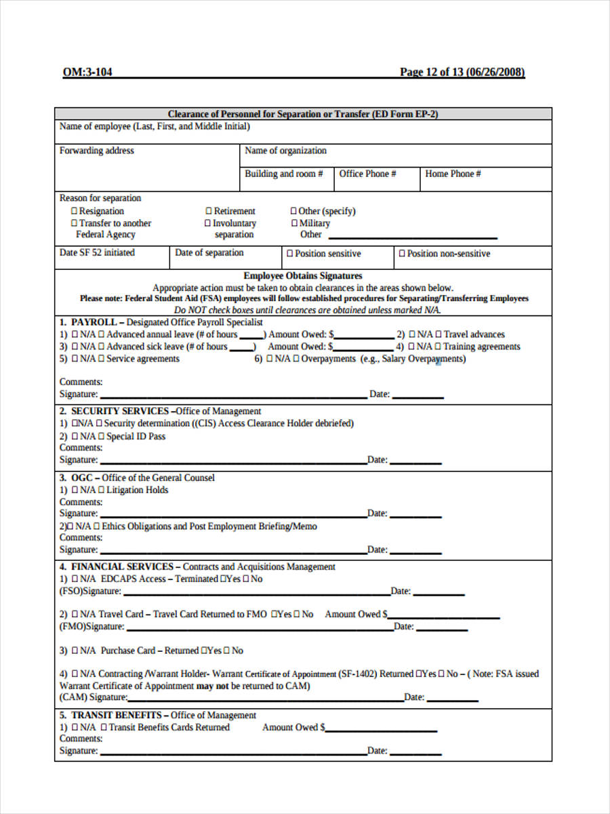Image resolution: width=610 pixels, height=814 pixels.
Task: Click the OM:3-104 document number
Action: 87,73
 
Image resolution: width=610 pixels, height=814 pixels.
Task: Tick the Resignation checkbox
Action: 75,211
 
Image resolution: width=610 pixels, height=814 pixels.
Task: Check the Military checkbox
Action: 294,223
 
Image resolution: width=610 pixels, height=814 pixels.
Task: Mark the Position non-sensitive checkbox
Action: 402,254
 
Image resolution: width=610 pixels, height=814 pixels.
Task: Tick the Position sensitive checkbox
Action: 289,254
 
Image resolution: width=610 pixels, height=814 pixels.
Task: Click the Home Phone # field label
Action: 453,174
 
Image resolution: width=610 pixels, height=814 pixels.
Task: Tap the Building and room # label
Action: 283,174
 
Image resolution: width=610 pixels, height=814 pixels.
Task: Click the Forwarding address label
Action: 97,151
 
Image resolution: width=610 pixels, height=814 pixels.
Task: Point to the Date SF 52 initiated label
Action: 97,252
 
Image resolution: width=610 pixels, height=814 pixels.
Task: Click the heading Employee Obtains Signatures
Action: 303,275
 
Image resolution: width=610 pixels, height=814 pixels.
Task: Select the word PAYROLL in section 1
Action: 94,322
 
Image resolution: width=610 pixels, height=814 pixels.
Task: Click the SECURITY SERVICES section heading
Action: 120,411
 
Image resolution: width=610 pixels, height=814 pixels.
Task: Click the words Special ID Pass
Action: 136,436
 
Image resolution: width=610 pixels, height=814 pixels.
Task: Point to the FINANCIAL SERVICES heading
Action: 122,566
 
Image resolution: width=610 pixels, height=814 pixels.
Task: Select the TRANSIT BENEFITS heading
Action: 116,715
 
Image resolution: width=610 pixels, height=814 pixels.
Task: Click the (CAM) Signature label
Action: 94,697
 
